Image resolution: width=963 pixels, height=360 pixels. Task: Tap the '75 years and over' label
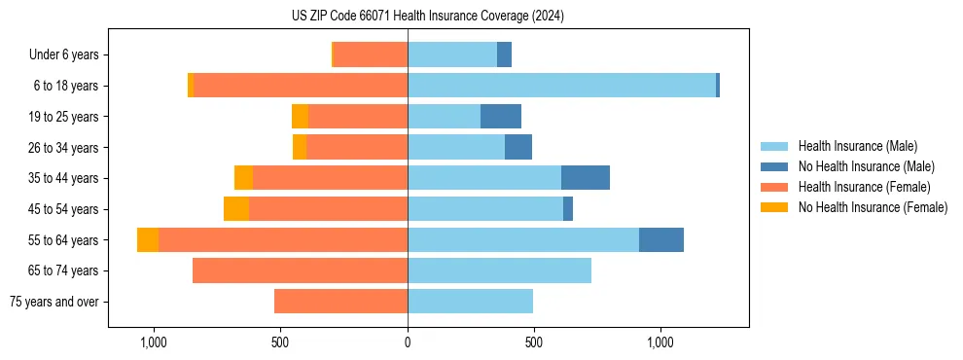(54, 302)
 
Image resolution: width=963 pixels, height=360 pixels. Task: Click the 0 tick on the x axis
(408, 343)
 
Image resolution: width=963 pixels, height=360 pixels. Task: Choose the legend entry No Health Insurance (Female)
(873, 207)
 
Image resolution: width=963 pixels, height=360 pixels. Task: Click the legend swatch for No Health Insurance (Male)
(775, 166)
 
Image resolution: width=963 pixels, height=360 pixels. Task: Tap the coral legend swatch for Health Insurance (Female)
(775, 187)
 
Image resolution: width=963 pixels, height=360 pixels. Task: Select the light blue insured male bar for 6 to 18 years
(561, 86)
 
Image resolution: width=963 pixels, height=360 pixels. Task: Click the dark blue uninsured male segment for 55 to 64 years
(661, 239)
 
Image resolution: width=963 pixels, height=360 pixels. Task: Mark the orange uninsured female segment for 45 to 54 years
(236, 209)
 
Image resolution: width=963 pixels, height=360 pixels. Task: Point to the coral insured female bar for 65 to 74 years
(300, 270)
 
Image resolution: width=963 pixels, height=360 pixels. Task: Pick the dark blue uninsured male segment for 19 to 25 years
(501, 117)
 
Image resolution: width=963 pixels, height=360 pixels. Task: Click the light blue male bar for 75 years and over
(470, 302)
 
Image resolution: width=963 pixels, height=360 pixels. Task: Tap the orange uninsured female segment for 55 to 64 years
(148, 239)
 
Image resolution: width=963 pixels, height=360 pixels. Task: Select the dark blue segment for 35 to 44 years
(586, 178)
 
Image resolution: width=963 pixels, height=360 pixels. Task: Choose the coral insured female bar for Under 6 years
(371, 55)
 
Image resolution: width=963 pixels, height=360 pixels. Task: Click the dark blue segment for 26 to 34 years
(518, 147)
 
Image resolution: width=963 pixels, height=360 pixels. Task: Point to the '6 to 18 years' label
(65, 86)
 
